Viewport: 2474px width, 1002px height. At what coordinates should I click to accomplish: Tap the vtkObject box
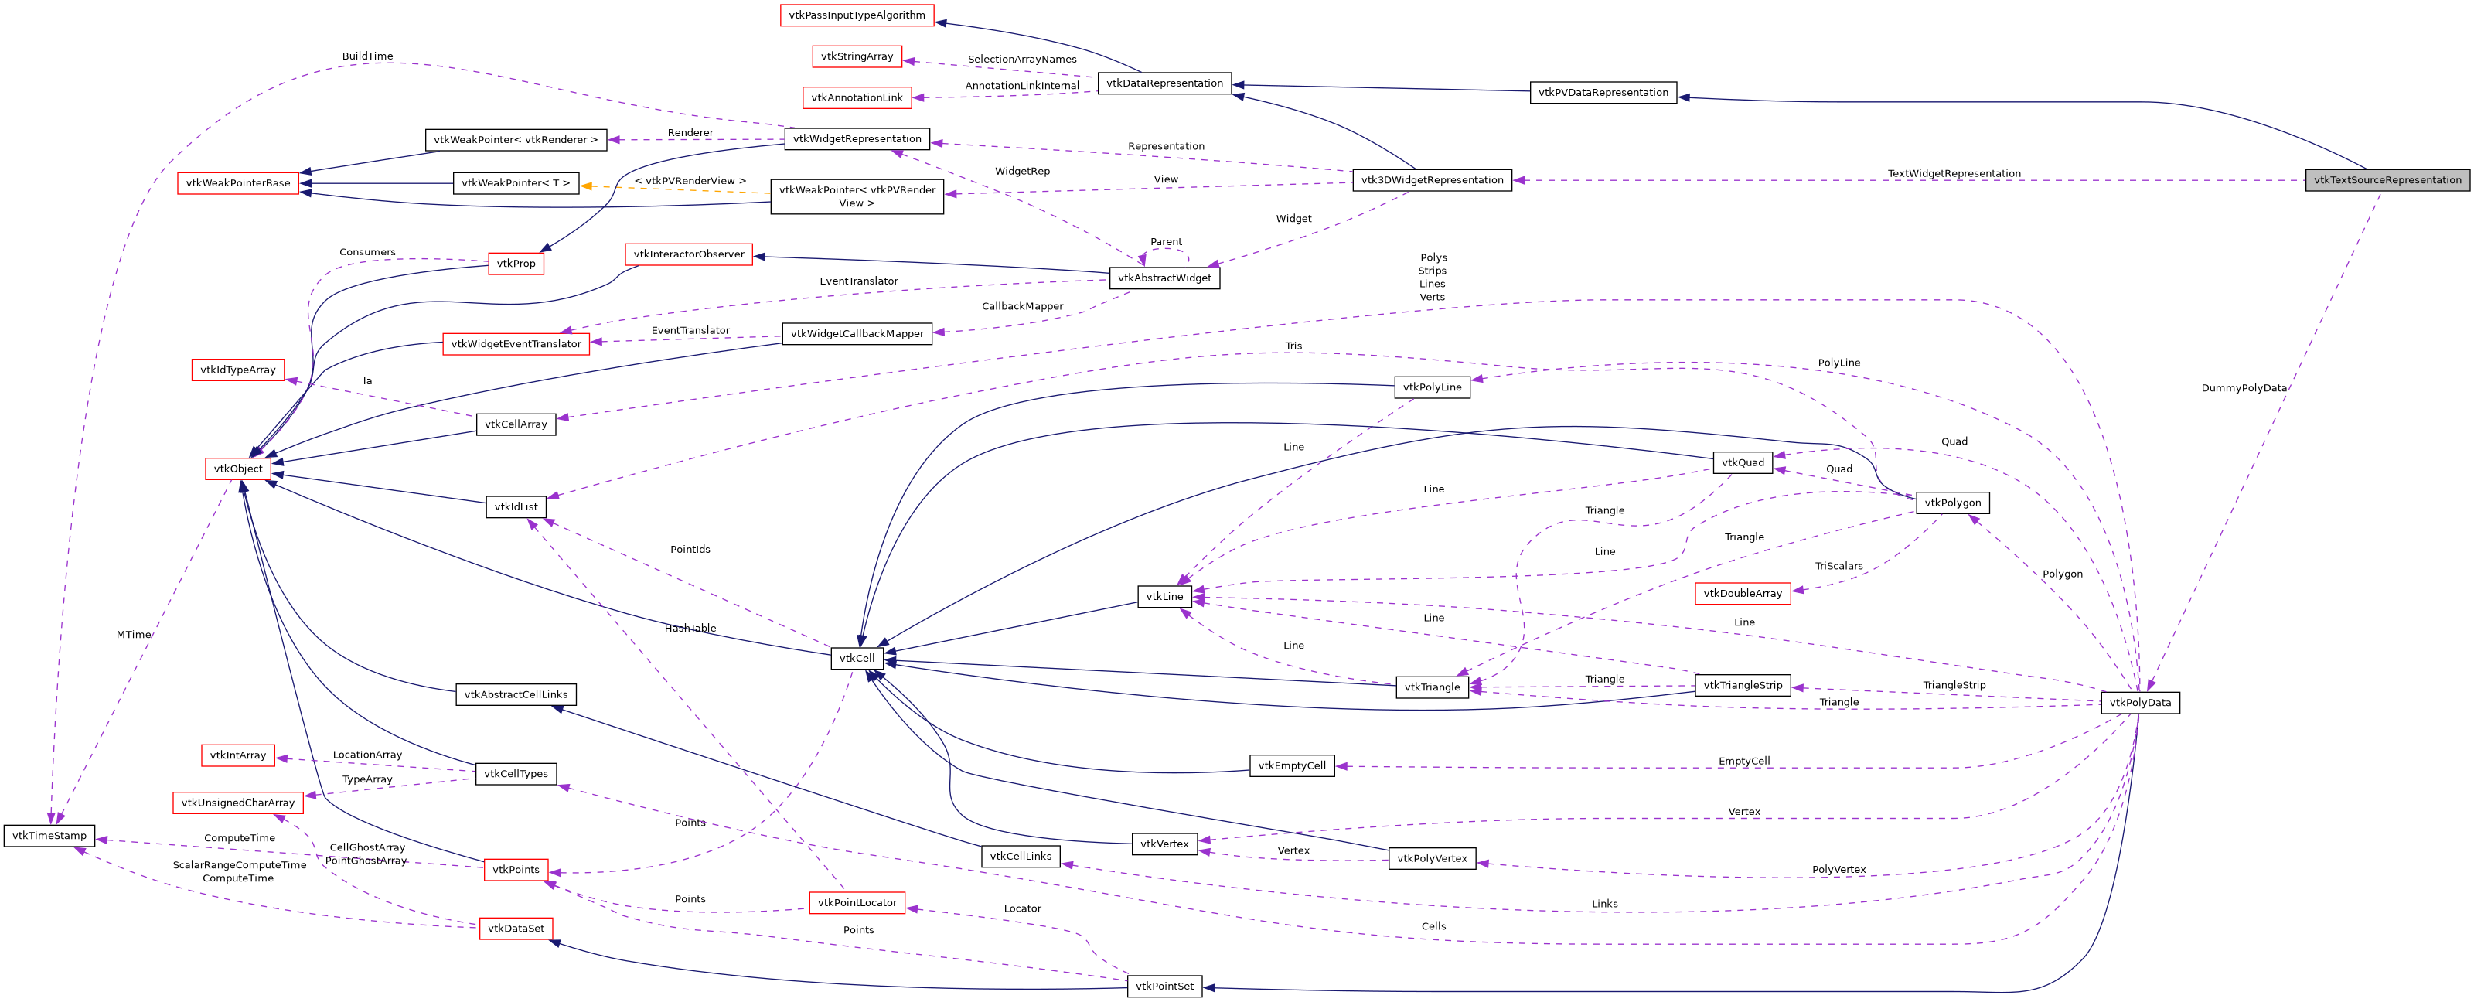point(238,469)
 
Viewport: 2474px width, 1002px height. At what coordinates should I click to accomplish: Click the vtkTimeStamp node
point(49,836)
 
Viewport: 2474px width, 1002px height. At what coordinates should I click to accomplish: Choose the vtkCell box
point(857,659)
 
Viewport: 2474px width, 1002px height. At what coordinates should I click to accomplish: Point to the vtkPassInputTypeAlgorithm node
point(857,15)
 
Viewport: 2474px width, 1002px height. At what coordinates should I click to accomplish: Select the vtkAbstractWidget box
point(1164,278)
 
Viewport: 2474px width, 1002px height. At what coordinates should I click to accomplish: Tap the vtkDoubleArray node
point(1742,594)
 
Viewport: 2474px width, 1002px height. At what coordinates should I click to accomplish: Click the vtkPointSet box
point(1164,987)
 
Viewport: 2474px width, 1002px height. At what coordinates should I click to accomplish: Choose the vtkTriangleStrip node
point(1742,686)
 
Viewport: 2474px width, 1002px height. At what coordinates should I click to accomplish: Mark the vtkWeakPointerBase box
point(238,183)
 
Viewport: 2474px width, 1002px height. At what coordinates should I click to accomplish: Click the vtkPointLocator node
point(857,903)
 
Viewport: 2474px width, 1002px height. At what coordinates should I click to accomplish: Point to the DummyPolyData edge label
point(2244,388)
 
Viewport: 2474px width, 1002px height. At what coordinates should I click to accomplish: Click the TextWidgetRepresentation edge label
point(1954,174)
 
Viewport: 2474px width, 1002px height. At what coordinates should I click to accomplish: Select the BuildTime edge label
point(367,56)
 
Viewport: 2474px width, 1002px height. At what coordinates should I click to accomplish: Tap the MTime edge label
point(134,635)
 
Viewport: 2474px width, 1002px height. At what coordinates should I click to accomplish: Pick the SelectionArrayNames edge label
point(1022,60)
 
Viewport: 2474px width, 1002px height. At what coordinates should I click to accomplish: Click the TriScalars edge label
point(1838,567)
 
